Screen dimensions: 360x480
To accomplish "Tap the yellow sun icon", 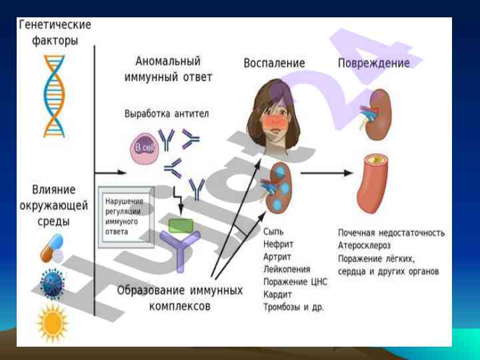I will pos(53,322).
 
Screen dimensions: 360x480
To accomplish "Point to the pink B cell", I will pos(143,147).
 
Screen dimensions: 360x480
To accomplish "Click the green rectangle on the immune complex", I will pos(181,225).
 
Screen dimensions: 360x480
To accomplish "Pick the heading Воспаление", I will pos(274,63).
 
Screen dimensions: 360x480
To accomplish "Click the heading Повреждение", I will pos(373,63).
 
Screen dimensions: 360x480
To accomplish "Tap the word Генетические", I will pos(55,25).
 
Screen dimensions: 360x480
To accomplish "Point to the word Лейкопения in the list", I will pos(287,269).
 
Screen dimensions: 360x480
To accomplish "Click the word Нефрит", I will pos(278,244).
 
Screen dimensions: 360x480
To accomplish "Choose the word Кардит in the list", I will pos(277,295).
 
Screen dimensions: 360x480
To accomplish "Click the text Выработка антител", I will pos(167,113).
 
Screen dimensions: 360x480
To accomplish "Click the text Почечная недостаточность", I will pos(391,233).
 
